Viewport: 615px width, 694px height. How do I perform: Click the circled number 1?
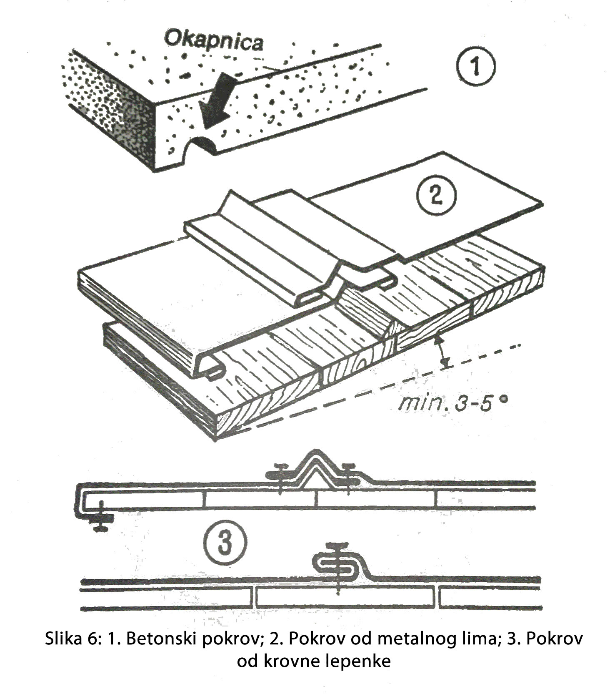(475, 66)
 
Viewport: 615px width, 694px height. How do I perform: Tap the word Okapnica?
(214, 42)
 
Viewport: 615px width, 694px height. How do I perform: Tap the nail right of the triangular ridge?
(347, 477)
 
